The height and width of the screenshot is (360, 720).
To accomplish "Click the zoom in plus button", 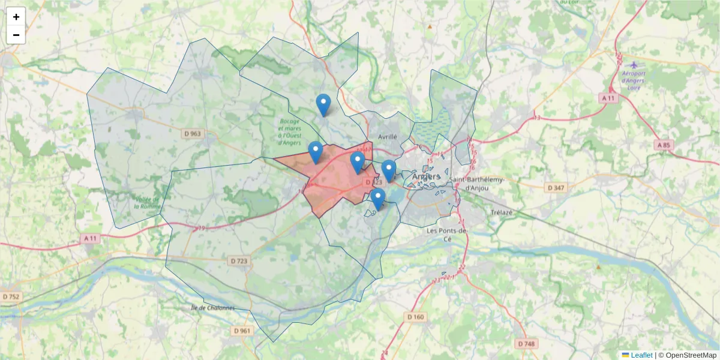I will click(16, 17).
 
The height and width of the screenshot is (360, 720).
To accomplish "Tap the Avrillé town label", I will click(388, 136).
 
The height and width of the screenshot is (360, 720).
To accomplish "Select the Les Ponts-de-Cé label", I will click(446, 234).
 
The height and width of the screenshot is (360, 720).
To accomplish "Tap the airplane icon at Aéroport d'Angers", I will click(634, 64).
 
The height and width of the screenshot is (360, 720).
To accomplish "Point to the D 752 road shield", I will click(11, 296).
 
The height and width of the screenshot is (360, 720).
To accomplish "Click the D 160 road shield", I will click(415, 317).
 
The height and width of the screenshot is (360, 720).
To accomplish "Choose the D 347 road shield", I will click(556, 188).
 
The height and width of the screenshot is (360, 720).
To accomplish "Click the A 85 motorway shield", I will click(663, 145).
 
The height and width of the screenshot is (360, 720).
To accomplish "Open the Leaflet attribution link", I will click(641, 355).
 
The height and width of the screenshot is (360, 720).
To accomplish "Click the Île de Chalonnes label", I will click(212, 308).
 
